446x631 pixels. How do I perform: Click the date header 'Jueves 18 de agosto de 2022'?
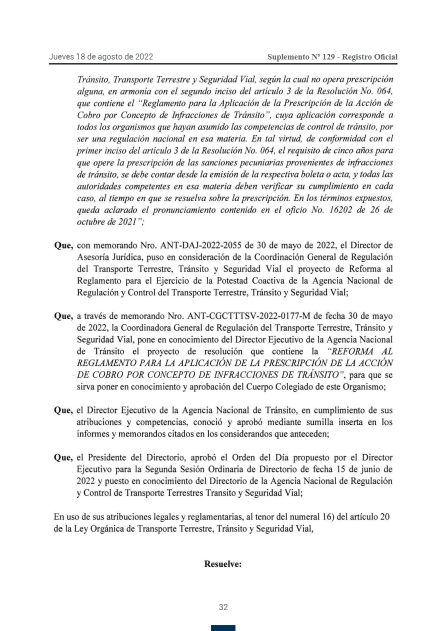pyautogui.click(x=101, y=56)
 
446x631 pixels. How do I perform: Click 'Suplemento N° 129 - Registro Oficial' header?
pyautogui.click(x=332, y=57)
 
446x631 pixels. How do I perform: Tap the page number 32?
pyautogui.click(x=223, y=607)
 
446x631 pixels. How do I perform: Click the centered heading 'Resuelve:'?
pyautogui.click(x=223, y=564)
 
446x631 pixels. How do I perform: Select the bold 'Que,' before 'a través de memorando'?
pyautogui.click(x=64, y=316)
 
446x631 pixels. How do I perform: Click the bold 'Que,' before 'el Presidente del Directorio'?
pyautogui.click(x=64, y=457)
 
